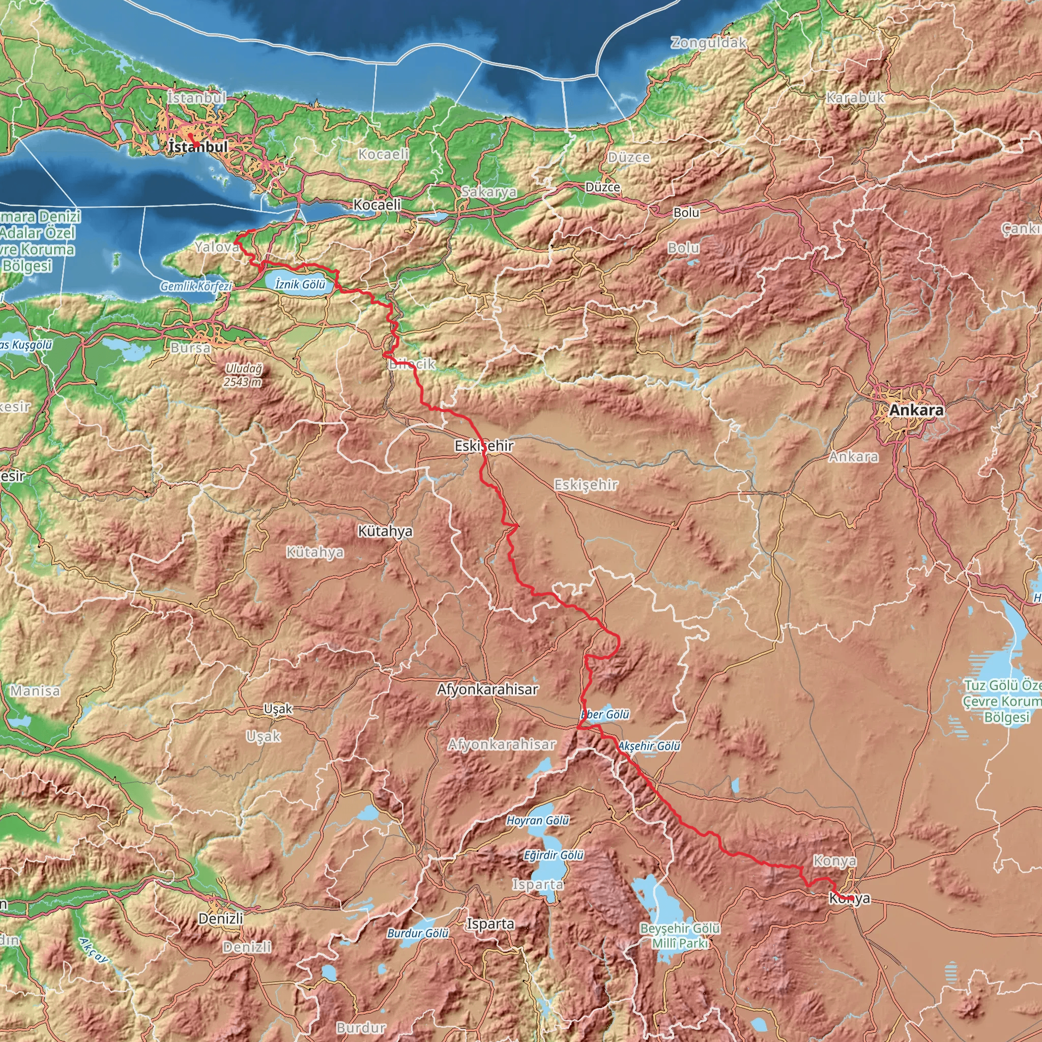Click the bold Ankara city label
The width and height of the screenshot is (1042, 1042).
(916, 410)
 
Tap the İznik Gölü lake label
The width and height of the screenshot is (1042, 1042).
(300, 284)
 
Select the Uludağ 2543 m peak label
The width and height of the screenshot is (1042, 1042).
(243, 375)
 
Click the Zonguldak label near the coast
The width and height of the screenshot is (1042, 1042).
(709, 43)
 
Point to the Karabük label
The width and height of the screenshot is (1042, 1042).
(855, 98)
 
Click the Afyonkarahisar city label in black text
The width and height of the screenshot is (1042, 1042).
(487, 689)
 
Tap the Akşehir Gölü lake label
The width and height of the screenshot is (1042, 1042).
(649, 746)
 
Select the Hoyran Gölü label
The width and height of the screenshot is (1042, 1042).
(538, 820)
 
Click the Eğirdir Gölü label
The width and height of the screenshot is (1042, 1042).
(554, 855)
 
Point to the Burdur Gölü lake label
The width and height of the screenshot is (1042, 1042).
(418, 933)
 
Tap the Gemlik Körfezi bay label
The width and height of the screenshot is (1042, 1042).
(196, 286)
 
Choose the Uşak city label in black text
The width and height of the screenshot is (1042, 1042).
(278, 709)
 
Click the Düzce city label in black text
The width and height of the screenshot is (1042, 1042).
(602, 187)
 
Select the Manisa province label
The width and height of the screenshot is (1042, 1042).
(35, 691)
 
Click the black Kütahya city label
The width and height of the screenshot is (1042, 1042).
(385, 531)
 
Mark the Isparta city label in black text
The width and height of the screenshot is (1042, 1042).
(490, 924)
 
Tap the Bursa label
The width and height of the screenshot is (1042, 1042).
(190, 348)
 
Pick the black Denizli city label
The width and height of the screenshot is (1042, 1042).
(221, 918)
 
